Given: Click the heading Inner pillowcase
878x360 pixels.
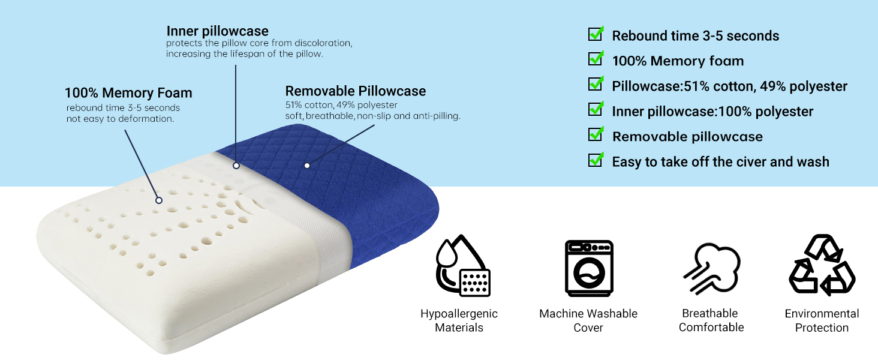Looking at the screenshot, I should [217, 31].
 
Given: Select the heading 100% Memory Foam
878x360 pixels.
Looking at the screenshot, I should [128, 93].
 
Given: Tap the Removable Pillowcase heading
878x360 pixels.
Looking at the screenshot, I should [355, 91].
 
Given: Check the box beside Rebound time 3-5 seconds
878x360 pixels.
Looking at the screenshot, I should [596, 34].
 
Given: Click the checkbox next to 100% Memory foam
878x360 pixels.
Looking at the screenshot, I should [596, 59].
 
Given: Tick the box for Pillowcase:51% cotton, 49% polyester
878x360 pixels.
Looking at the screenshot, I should [596, 84].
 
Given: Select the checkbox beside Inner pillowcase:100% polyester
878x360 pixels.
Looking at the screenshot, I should [596, 109].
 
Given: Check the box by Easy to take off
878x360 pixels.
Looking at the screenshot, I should [596, 160].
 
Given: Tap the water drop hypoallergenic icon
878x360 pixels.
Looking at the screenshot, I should [462, 266].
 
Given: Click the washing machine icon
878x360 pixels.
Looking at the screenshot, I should [588, 268].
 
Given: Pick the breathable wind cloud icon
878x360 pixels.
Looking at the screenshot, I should [711, 268].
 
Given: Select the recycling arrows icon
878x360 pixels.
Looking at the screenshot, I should [822, 265].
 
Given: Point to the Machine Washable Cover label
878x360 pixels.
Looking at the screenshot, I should [588, 320].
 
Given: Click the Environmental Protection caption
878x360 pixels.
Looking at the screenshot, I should [822, 320].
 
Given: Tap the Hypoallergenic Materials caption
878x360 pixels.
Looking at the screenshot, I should [459, 320].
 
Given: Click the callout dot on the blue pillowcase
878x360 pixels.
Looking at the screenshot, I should [307, 164].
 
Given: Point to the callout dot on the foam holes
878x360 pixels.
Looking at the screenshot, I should [159, 200].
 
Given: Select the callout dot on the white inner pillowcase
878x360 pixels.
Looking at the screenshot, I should [236, 165].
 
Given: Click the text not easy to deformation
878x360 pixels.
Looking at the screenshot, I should [120, 119].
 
